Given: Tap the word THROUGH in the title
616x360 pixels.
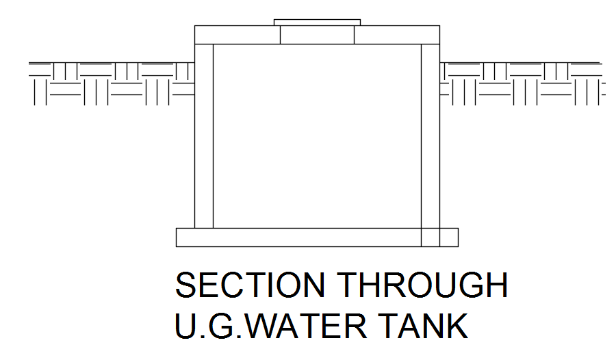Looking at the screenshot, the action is tap(425, 285).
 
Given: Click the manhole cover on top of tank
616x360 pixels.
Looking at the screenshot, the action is tap(317, 23).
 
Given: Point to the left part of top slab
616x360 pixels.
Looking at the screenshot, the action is tap(237, 35).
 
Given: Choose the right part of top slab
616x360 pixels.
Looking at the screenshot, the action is tap(397, 35).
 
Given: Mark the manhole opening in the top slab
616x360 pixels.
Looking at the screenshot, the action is tap(317, 35).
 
